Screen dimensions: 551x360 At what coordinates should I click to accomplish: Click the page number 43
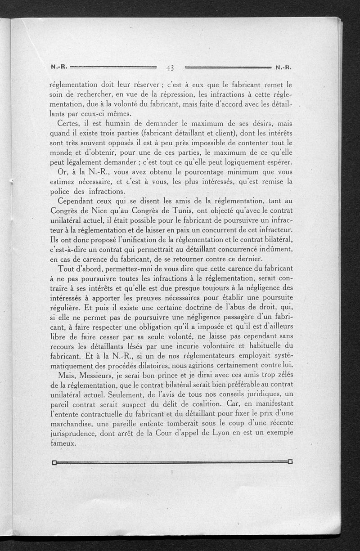[x=170, y=68]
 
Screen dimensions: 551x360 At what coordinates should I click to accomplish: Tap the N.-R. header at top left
[x=59, y=68]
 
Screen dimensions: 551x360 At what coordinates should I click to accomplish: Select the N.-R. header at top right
[x=283, y=68]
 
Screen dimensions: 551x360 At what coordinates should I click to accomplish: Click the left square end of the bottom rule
[x=54, y=462]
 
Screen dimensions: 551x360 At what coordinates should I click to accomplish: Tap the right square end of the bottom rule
[x=290, y=461]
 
